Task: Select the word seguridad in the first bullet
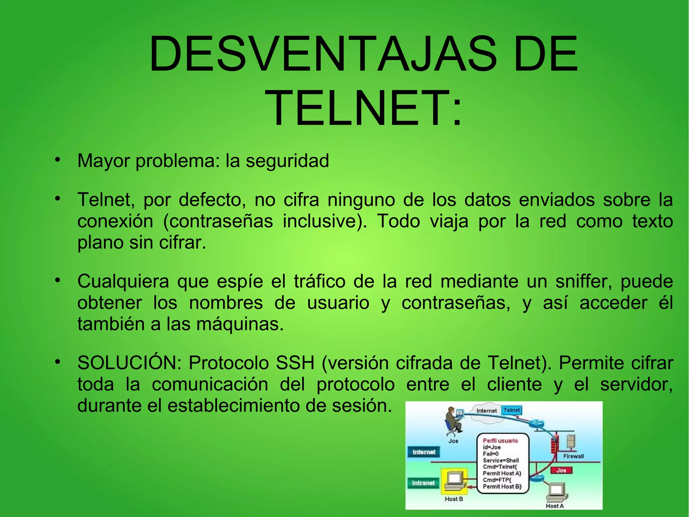[x=287, y=161]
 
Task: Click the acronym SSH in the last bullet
[x=295, y=363]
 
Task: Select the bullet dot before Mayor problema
[x=58, y=159]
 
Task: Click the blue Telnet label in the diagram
[x=511, y=410]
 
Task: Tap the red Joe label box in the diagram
[x=561, y=470]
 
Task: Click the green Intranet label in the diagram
[x=423, y=483]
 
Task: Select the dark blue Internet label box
[x=424, y=452]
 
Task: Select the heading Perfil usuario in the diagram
[x=500, y=441]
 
